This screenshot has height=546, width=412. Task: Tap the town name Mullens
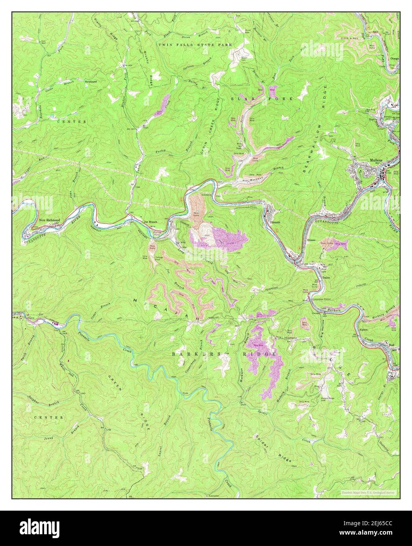tap(376, 160)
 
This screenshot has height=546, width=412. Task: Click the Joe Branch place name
tap(151, 222)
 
